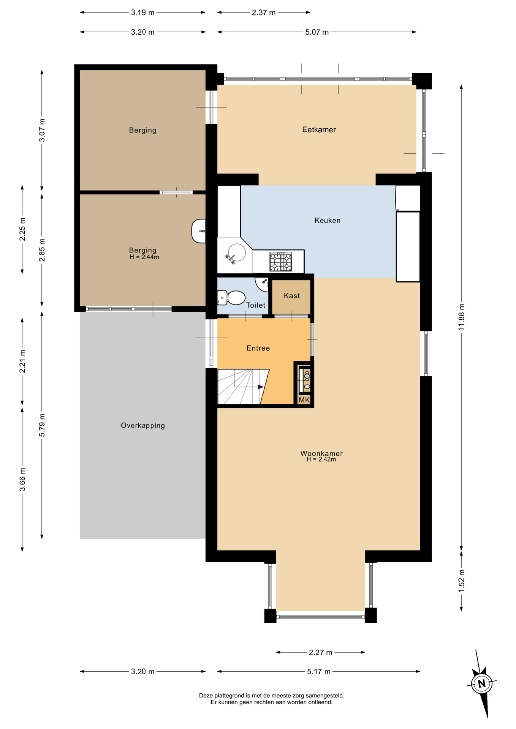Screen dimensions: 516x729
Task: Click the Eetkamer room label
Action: coord(319,130)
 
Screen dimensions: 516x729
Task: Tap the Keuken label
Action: coord(327,221)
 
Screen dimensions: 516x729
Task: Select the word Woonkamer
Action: coord(321,453)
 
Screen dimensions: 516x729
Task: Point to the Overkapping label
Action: coord(143,426)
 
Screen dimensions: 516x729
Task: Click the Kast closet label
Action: coord(292,296)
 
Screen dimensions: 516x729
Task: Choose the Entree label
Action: coord(258,348)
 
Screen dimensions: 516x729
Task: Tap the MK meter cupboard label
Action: coord(304,400)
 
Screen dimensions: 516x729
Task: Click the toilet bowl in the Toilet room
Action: coord(231,298)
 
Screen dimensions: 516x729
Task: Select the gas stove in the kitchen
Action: coord(281,262)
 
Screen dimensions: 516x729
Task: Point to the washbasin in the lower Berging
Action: coord(199,231)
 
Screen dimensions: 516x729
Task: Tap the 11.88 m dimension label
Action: coord(461,317)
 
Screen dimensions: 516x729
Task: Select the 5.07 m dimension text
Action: coord(317,32)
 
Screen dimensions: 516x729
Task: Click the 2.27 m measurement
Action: coord(320,652)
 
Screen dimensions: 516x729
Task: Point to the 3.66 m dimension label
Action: coord(22,479)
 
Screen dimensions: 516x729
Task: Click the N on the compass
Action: coord(482,684)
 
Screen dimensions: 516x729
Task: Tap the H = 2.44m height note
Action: coord(144,257)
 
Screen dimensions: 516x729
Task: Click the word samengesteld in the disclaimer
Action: coord(325,696)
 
